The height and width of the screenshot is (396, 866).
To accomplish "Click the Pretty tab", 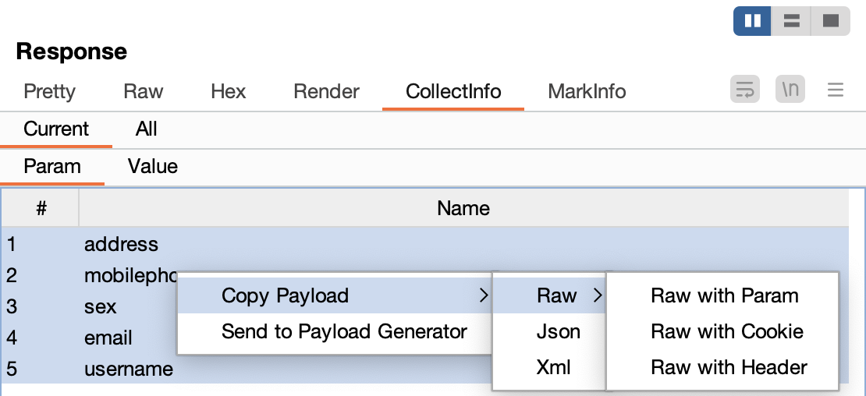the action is tap(49, 91).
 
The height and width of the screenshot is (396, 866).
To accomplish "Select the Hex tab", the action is tap(228, 91).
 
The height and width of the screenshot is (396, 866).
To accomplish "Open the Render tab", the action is tap(326, 91).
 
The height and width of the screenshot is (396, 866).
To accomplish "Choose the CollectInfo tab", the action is tap(453, 91).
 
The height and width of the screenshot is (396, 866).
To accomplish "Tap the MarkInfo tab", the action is tap(587, 91).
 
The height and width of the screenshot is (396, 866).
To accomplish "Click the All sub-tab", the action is tap(146, 129).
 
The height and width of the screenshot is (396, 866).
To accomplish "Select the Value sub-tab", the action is tap(152, 166).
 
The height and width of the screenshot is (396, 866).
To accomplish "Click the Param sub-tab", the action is tap(52, 166).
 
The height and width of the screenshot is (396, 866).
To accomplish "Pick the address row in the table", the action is tap(121, 244).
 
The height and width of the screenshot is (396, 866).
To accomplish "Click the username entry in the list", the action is tap(129, 369).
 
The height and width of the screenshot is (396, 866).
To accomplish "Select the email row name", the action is tap(108, 338).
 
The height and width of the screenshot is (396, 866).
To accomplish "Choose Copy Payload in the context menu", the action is tap(285, 295).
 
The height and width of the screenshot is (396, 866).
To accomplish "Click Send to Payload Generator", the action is tap(344, 331).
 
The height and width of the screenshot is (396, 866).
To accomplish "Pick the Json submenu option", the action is tap(559, 331).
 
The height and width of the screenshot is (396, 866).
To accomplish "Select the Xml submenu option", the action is tap(554, 367).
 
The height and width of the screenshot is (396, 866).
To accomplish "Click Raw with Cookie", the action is tap(726, 331).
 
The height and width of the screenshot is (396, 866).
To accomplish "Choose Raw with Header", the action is tap(729, 367).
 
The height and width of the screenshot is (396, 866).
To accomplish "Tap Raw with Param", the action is tap(725, 295).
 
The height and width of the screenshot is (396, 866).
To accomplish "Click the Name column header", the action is tap(463, 208).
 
